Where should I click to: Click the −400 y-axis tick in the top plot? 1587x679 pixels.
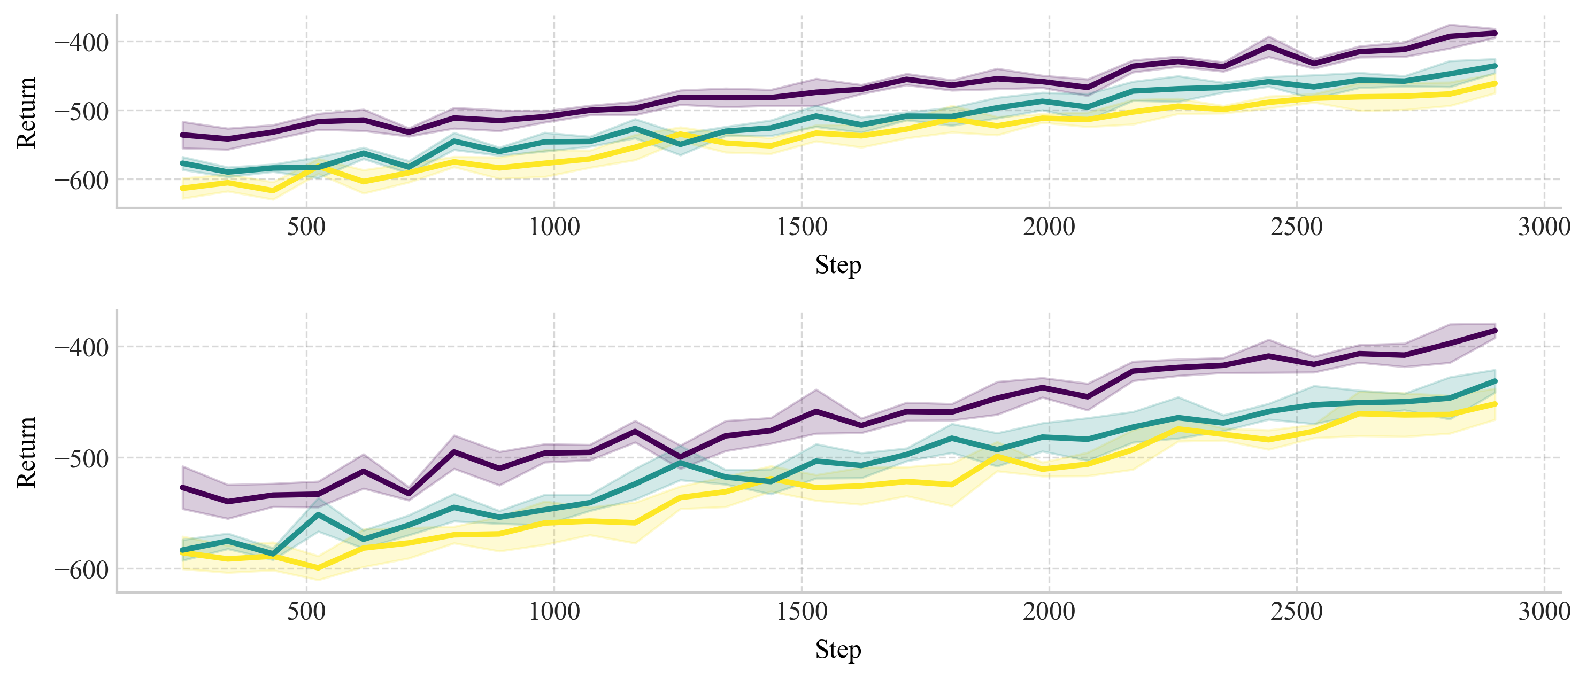pyautogui.click(x=81, y=43)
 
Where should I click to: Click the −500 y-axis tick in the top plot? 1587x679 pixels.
pyautogui.click(x=81, y=112)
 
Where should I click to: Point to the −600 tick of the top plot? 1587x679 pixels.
pyautogui.click(x=81, y=181)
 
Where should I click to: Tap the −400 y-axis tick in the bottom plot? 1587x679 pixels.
pyautogui.click(x=81, y=348)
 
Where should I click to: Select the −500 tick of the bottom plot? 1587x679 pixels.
pyautogui.click(x=81, y=458)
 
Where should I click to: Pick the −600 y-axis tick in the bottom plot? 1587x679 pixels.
pyautogui.click(x=81, y=570)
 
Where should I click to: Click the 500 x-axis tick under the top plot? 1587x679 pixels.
pyautogui.click(x=306, y=227)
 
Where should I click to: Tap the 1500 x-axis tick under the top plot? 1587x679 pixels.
pyautogui.click(x=802, y=227)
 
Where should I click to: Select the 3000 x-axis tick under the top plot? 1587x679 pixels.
pyautogui.click(x=1544, y=227)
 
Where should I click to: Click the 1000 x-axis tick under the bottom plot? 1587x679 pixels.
pyautogui.click(x=554, y=612)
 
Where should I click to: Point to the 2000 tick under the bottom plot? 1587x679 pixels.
pyautogui.click(x=1049, y=612)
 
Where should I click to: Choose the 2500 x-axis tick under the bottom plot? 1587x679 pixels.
pyautogui.click(x=1297, y=612)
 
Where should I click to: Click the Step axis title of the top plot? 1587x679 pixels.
pyautogui.click(x=838, y=266)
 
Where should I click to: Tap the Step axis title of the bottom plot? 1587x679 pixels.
pyautogui.click(x=838, y=650)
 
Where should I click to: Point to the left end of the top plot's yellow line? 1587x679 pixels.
pyautogui.click(x=182, y=188)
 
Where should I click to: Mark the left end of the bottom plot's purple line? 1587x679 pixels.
pyautogui.click(x=182, y=488)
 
